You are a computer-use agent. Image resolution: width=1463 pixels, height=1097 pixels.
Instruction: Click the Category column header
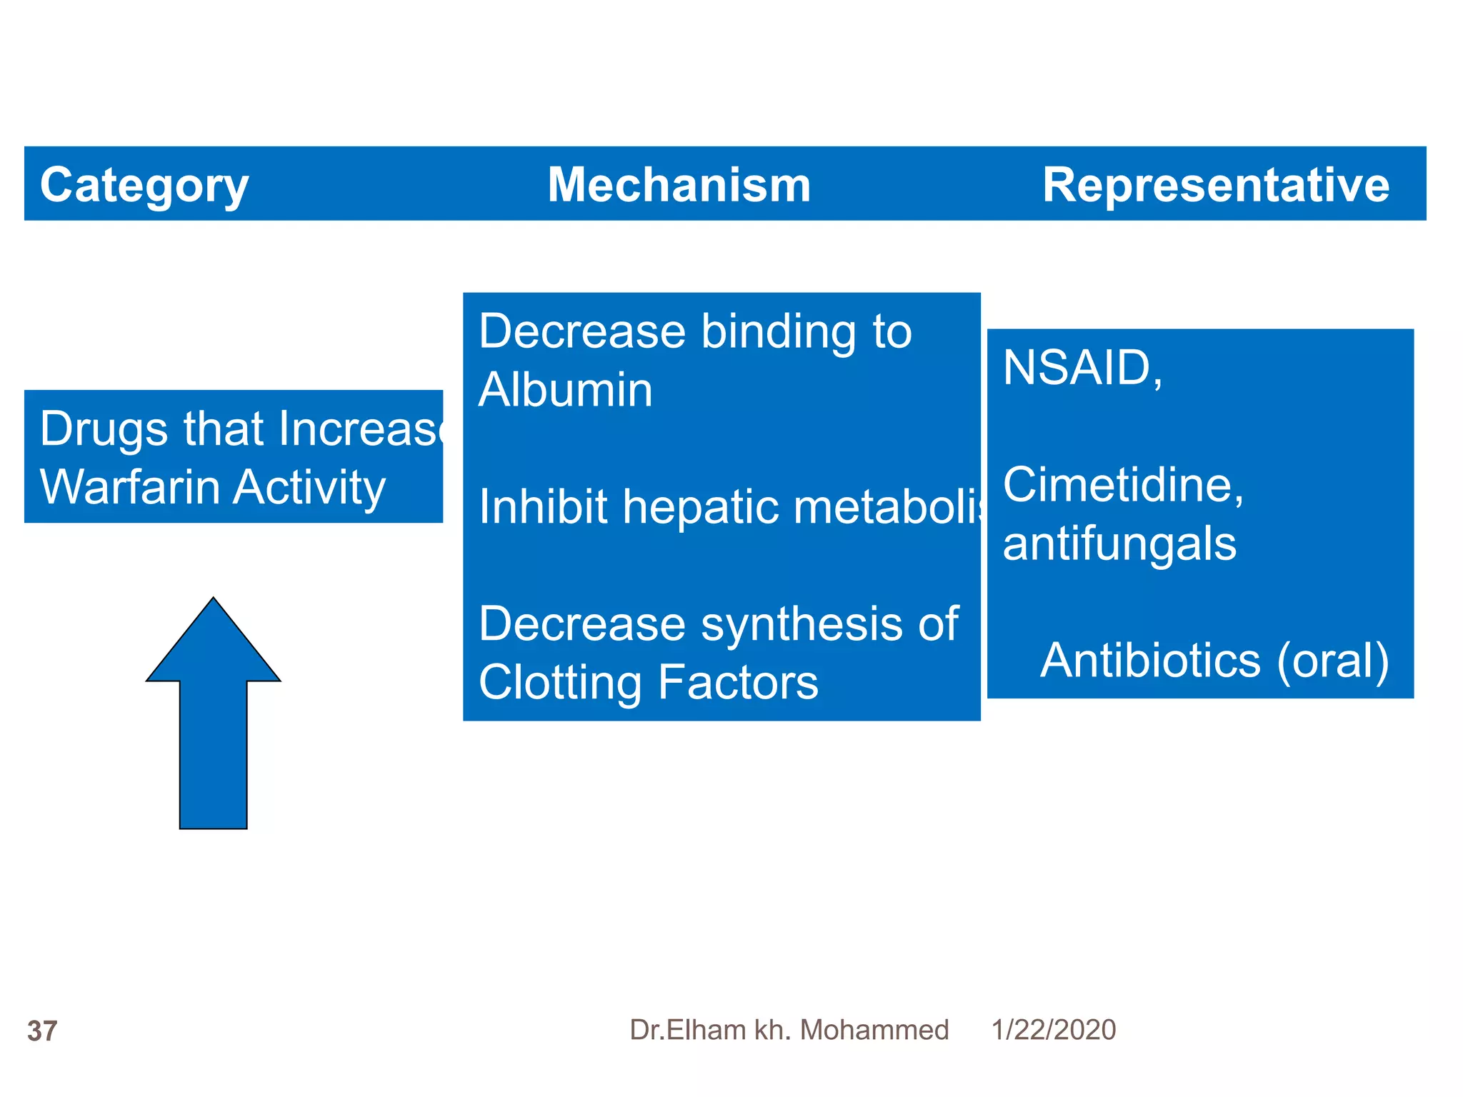[144, 186]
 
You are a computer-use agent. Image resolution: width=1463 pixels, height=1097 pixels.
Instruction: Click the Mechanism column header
[679, 186]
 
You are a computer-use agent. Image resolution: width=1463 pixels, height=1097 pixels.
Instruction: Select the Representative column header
[1215, 186]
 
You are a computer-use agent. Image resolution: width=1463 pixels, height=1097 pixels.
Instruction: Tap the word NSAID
[1077, 369]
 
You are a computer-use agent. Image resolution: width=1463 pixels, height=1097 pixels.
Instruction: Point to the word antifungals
[1119, 544]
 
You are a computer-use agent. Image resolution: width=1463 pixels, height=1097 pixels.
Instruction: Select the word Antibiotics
[1150, 660]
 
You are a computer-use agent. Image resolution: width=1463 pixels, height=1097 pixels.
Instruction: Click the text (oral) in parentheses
[1333, 660]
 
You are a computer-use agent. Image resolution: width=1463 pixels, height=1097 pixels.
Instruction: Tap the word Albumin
[565, 391]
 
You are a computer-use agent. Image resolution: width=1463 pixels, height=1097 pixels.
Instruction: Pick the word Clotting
[560, 683]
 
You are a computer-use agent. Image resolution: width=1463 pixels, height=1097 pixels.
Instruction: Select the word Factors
[738, 683]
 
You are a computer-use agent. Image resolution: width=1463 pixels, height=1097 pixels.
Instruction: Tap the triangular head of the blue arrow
[213, 646]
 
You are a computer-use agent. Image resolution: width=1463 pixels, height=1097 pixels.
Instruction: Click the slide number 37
[42, 1031]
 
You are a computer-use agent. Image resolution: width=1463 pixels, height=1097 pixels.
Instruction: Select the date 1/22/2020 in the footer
[1053, 1030]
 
